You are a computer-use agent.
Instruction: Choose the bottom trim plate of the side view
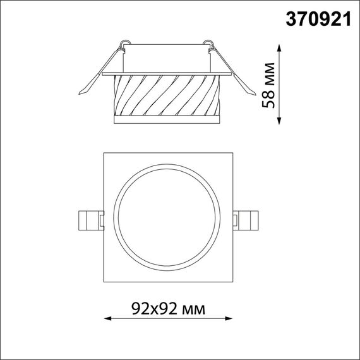[167, 119]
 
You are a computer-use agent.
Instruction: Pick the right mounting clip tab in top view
[247, 219]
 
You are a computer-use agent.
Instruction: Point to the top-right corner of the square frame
[234, 152]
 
